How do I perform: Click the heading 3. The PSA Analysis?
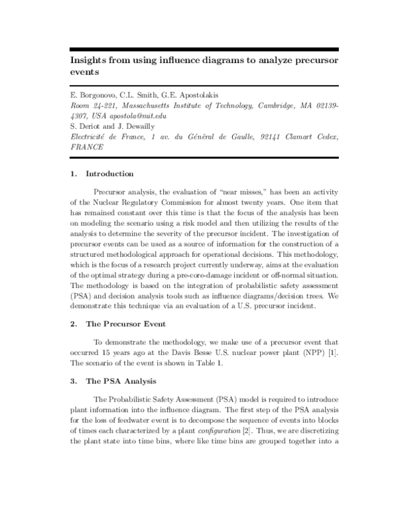pyautogui.click(x=116, y=382)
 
